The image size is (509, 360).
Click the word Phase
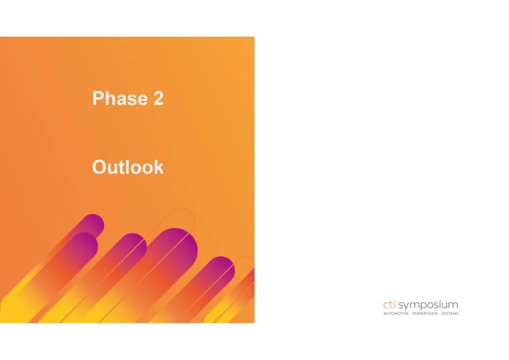(x=120, y=98)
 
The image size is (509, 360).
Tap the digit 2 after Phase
(x=158, y=98)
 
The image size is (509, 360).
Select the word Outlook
(x=128, y=167)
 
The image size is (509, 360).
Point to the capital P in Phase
(x=98, y=98)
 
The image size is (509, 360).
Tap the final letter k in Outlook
(x=159, y=167)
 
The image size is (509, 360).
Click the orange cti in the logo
(x=389, y=305)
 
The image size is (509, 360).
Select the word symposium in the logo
(x=428, y=305)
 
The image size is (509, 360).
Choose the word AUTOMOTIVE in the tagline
(x=396, y=313)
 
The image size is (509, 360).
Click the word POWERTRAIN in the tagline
(x=425, y=313)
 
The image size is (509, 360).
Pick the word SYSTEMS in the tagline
(x=450, y=313)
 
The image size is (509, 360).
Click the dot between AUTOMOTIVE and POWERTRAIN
(x=410, y=313)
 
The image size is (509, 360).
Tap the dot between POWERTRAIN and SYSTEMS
(x=439, y=313)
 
